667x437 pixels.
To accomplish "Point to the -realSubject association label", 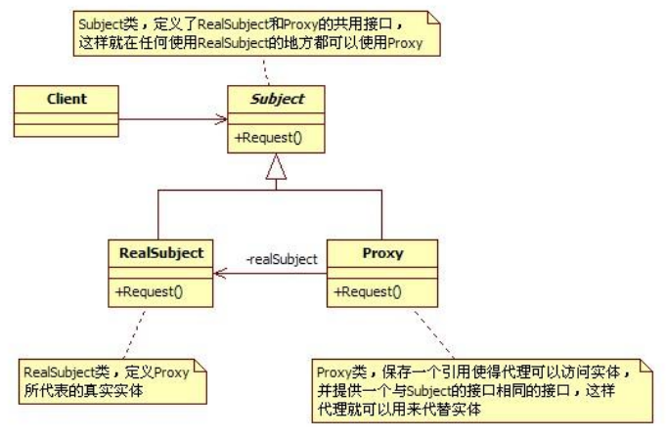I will pos(281,260).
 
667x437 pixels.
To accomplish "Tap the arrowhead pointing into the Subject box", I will pos(223,122).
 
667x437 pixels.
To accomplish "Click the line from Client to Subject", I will pos(166,122).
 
